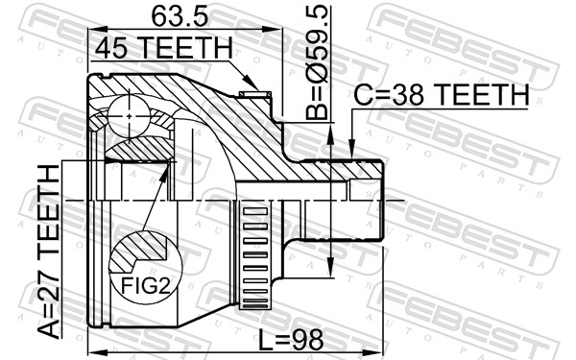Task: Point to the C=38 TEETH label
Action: click(441, 95)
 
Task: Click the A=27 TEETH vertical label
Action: click(47, 252)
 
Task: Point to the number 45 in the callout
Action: click(108, 47)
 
